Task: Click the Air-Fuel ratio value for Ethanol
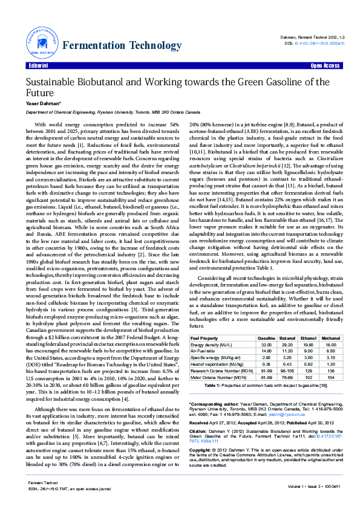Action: [x=309, y=350]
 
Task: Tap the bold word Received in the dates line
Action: [x=200, y=423]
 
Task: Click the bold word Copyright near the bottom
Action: [x=201, y=450]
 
